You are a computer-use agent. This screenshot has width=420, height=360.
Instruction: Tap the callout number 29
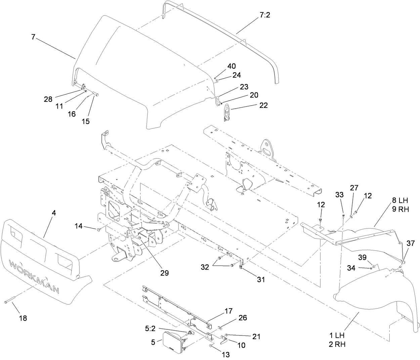click(164, 273)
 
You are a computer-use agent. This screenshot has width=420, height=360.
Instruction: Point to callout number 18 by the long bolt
click(23, 318)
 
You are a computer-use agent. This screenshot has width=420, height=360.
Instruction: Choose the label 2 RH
click(337, 344)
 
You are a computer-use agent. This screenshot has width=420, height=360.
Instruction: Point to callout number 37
click(411, 243)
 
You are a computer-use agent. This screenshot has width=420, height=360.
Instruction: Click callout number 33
click(339, 195)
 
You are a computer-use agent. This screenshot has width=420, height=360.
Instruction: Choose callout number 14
click(79, 227)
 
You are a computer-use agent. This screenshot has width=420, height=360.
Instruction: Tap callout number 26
click(243, 318)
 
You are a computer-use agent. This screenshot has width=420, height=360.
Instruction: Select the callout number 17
click(228, 311)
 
